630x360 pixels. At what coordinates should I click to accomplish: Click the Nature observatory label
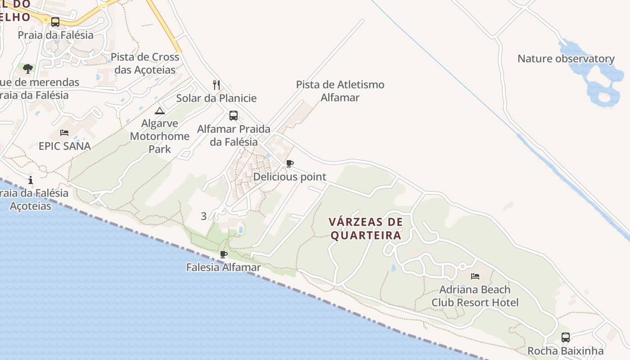pyautogui.click(x=566, y=59)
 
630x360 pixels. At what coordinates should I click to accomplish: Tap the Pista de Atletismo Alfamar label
pyautogui.click(x=340, y=91)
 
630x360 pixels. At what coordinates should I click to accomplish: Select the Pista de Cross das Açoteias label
pyautogui.click(x=145, y=63)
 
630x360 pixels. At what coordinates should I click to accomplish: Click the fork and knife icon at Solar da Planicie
pyautogui.click(x=216, y=85)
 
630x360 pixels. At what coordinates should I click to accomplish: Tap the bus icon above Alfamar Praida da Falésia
pyautogui.click(x=234, y=116)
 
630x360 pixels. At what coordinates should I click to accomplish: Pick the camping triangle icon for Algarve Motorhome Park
pyautogui.click(x=160, y=111)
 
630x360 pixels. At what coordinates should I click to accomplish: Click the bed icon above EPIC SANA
pyautogui.click(x=64, y=133)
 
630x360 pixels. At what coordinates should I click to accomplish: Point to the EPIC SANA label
pyautogui.click(x=64, y=146)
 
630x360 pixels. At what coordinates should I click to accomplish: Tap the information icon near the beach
pyautogui.click(x=31, y=180)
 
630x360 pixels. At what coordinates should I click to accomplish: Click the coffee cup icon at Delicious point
pyautogui.click(x=290, y=163)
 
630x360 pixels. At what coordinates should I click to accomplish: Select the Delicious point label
pyautogui.click(x=289, y=177)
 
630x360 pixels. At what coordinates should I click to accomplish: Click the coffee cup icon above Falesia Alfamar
pyautogui.click(x=223, y=255)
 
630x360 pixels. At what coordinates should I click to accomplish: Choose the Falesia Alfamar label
pyautogui.click(x=223, y=268)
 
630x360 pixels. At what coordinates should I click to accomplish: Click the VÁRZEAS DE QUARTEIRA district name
pyautogui.click(x=365, y=229)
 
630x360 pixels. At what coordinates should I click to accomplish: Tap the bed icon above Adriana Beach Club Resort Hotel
pyautogui.click(x=475, y=276)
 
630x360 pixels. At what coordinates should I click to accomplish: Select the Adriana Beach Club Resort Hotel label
pyautogui.click(x=475, y=296)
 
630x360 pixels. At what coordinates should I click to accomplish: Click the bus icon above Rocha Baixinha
pyautogui.click(x=566, y=337)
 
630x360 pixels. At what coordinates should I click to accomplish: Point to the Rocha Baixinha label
pyautogui.click(x=565, y=351)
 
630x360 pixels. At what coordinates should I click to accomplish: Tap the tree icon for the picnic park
pyautogui.click(x=28, y=69)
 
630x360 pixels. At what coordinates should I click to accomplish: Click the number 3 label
pyautogui.click(x=203, y=216)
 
